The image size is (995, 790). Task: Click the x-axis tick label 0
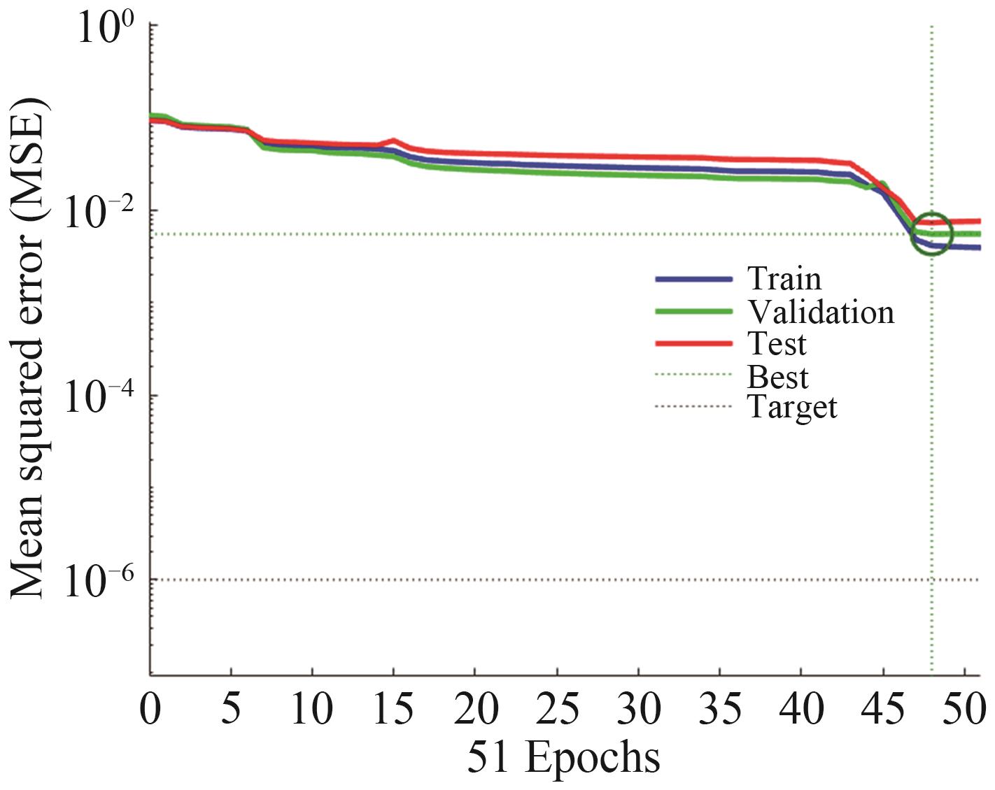tap(150, 709)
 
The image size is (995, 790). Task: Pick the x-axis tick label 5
tap(231, 709)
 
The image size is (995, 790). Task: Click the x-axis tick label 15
tap(393, 709)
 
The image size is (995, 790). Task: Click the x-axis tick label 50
tap(964, 709)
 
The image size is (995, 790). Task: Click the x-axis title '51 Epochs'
tap(563, 757)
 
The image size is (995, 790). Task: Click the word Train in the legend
tap(784, 278)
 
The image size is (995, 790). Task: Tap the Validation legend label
tap(821, 312)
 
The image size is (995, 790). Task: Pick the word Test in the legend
tap(777, 343)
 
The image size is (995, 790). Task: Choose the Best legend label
tap(777, 377)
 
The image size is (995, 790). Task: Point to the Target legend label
tap(792, 407)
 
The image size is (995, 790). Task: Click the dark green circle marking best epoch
tap(932, 234)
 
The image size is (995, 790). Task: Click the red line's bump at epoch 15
tap(394, 141)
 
